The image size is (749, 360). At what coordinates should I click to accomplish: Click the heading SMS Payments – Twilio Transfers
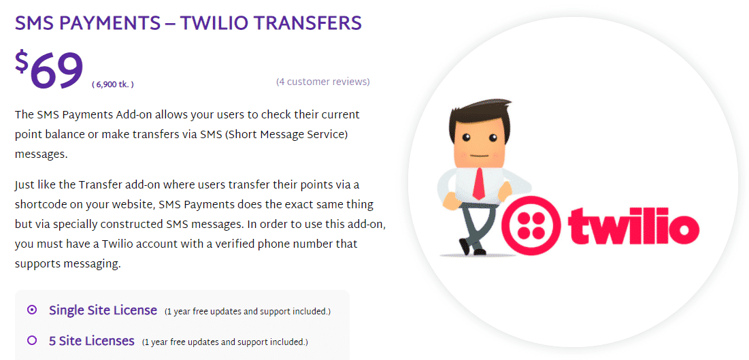(188, 23)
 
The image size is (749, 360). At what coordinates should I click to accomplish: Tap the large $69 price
(49, 70)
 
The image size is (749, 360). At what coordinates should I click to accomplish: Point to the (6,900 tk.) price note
(113, 84)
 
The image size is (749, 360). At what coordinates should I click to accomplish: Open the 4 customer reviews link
(323, 82)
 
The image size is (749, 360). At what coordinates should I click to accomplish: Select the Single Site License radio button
(32, 310)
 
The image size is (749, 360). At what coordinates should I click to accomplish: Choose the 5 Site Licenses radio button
(32, 340)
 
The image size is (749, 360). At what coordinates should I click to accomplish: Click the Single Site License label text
(103, 310)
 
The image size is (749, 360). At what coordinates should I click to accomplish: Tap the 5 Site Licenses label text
(92, 340)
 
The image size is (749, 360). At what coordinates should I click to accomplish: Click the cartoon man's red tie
(479, 182)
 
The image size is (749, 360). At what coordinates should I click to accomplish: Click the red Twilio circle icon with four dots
(531, 225)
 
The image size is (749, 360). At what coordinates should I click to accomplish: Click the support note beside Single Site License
(248, 312)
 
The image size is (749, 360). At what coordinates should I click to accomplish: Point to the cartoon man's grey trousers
(471, 224)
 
